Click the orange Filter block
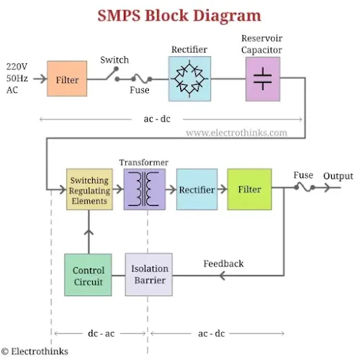tap(67, 78)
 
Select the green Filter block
tap(250, 189)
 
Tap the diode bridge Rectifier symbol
tap(189, 78)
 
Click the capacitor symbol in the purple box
tap(263, 78)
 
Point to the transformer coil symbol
tap(144, 189)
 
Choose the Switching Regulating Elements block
tap(89, 189)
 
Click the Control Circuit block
tap(88, 275)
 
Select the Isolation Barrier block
tap(149, 274)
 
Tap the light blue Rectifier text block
tap(197, 189)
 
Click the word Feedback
tap(223, 264)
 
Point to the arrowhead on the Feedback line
tap(222, 276)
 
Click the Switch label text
tap(114, 60)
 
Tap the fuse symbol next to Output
tap(305, 187)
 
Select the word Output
tap(338, 176)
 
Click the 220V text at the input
tap(17, 66)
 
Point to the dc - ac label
tap(101, 333)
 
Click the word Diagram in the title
tap(227, 16)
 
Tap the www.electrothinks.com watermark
tap(237, 132)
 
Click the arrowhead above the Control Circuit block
tap(89, 232)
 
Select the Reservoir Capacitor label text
tap(262, 44)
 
